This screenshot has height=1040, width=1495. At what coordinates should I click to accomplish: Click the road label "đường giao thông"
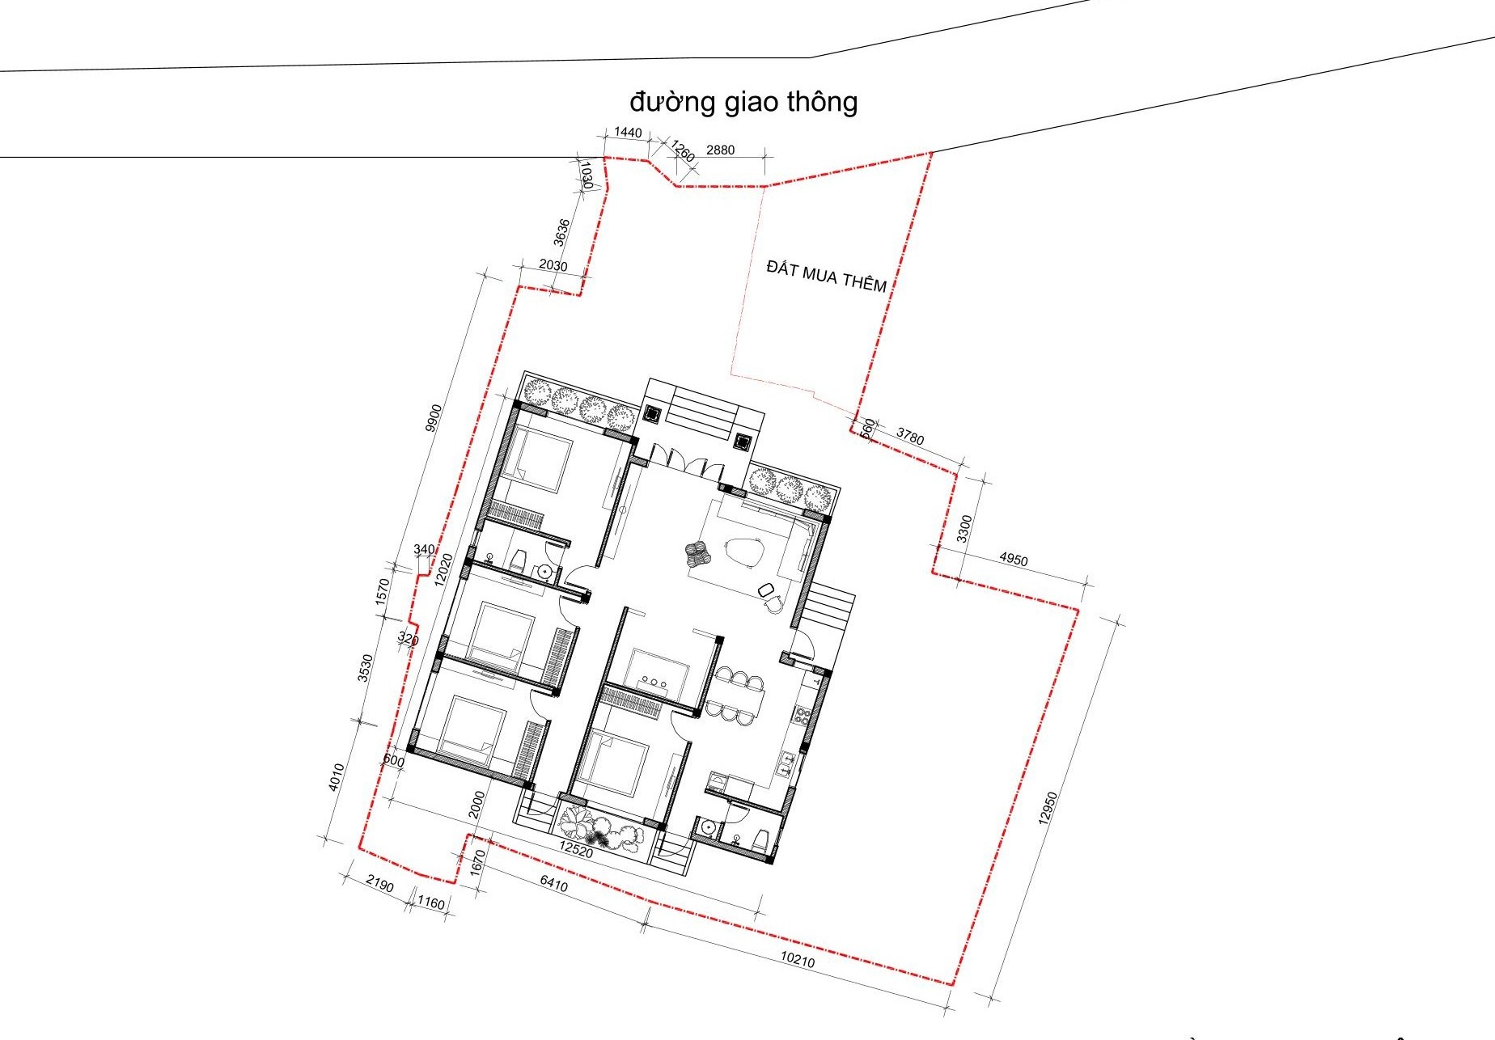tap(743, 103)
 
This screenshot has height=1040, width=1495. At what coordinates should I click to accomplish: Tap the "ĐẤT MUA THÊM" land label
tap(826, 275)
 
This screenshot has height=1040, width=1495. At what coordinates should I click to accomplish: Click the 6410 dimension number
tap(553, 885)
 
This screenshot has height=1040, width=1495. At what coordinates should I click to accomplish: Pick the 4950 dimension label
tap(1014, 559)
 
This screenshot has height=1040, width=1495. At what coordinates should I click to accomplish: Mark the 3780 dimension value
tap(909, 437)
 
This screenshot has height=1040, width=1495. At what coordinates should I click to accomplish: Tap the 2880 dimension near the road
tap(720, 150)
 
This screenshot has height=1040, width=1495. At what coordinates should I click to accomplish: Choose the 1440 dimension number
tap(628, 133)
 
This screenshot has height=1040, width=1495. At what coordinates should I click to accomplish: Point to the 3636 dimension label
tap(561, 232)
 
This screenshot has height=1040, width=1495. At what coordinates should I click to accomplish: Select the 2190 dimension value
tap(379, 885)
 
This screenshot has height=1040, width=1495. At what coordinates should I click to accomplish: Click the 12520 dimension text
tap(576, 852)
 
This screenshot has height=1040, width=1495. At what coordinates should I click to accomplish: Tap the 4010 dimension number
tap(338, 778)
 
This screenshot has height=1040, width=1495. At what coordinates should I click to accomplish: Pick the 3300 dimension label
tap(963, 529)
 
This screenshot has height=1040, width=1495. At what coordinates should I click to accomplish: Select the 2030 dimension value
tap(553, 266)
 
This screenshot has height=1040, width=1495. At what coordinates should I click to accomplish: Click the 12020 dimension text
tap(443, 569)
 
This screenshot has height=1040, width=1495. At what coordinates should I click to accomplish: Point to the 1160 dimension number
tap(431, 903)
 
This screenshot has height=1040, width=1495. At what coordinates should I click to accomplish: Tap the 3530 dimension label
tap(365, 668)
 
